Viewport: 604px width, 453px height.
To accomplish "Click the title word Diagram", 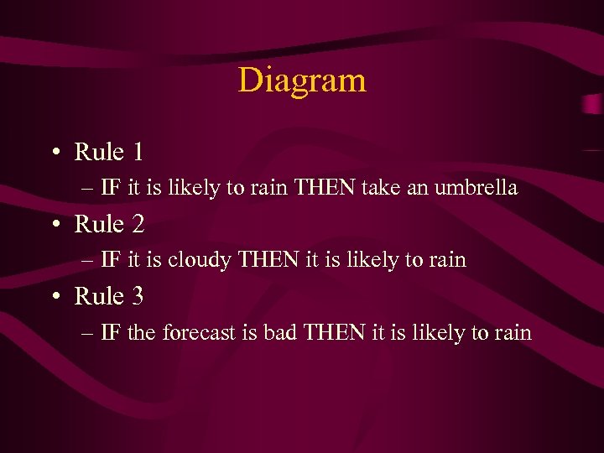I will pos(302,81).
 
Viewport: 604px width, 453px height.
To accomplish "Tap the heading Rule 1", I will pos(109,152).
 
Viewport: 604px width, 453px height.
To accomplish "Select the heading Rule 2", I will pos(109,224).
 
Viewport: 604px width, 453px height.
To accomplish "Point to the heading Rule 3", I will pos(109,296).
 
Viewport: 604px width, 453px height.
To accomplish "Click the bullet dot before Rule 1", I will pos(54,153).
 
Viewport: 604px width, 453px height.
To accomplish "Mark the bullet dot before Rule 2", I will pos(54,225).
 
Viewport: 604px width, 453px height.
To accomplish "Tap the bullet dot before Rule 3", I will pos(54,297).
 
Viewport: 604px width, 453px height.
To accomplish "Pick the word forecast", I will pos(200,333).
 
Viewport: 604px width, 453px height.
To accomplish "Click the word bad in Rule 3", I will pos(279,333).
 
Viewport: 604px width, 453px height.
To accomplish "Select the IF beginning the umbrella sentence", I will pos(110,188).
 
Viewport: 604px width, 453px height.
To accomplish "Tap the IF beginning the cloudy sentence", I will pos(110,260).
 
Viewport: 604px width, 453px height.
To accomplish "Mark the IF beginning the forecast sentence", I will pos(110,333).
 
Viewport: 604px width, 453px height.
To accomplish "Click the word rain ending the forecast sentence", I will pos(513,333).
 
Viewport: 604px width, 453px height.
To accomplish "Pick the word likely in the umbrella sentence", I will pos(191,188).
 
